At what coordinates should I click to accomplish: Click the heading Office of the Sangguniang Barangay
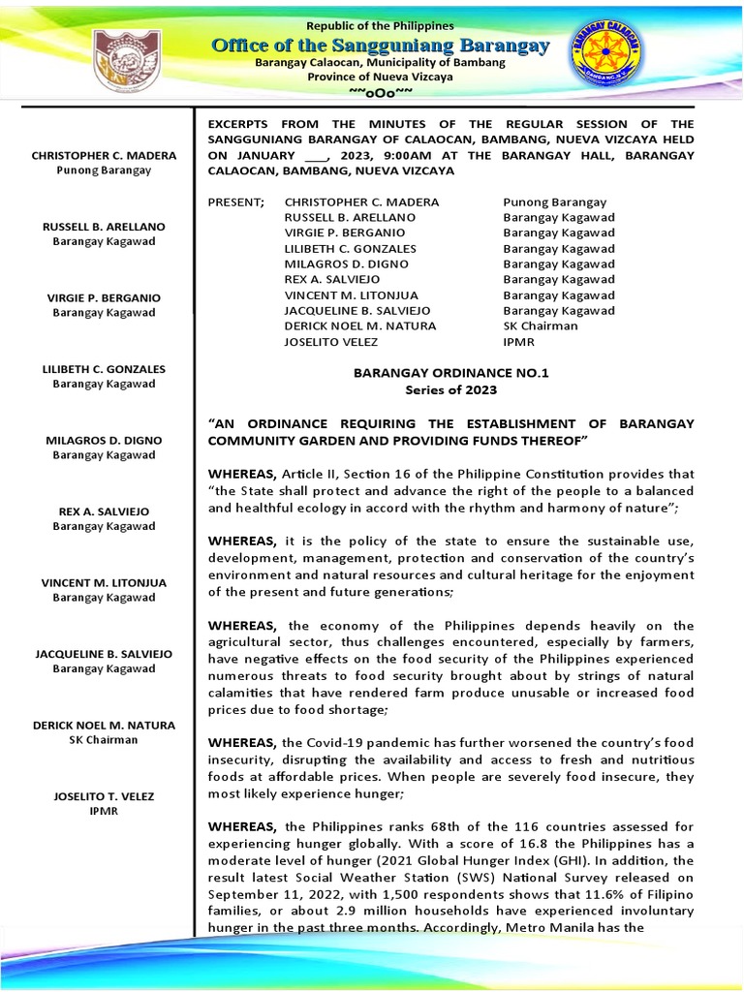(x=380, y=46)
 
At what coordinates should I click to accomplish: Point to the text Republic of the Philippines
(x=380, y=24)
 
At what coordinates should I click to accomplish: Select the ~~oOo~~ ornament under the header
(x=380, y=91)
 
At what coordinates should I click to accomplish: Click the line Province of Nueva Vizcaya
(x=380, y=77)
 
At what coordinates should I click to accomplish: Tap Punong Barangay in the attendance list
(x=555, y=202)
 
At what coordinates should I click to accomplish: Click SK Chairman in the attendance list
(x=541, y=326)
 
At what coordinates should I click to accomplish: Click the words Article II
(x=311, y=474)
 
